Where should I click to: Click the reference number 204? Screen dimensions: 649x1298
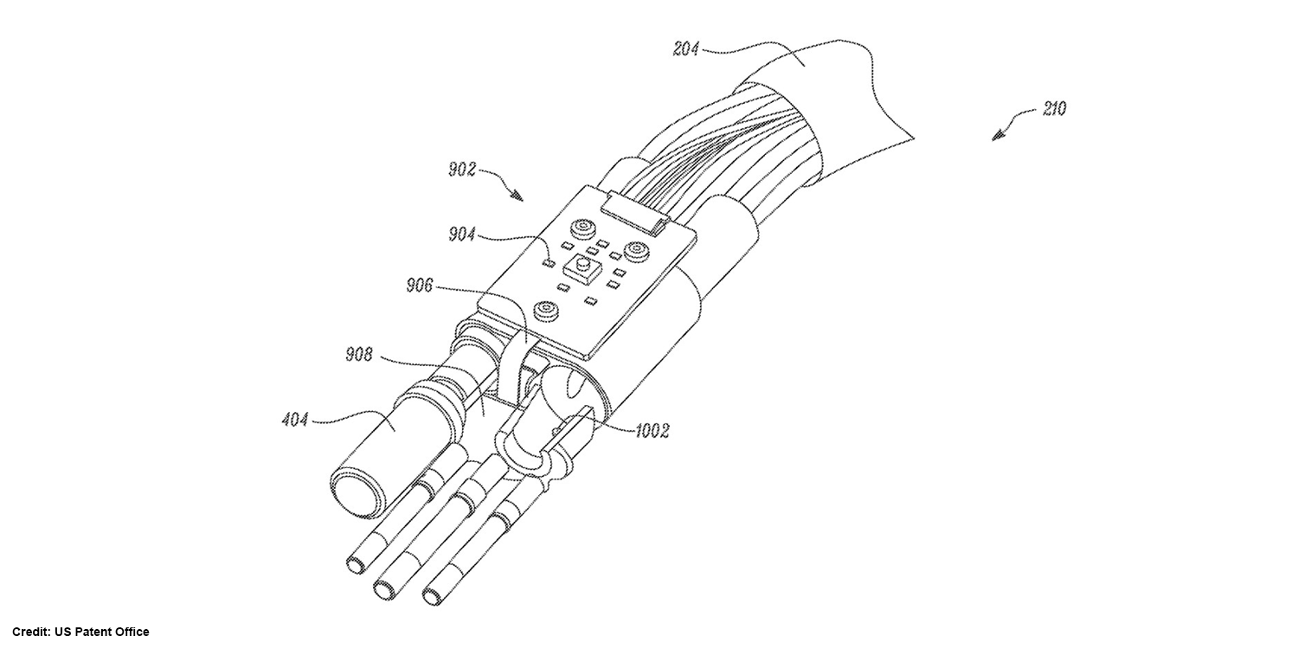click(686, 48)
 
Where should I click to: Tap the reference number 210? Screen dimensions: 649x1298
click(1053, 109)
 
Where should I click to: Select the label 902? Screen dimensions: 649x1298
click(462, 170)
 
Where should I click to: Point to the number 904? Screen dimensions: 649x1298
click(462, 234)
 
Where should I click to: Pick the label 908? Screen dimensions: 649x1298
click(359, 354)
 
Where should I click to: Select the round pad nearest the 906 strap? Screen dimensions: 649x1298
click(547, 309)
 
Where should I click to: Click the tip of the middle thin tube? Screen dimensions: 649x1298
click(383, 589)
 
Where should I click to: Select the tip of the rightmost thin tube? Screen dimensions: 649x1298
click(432, 595)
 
